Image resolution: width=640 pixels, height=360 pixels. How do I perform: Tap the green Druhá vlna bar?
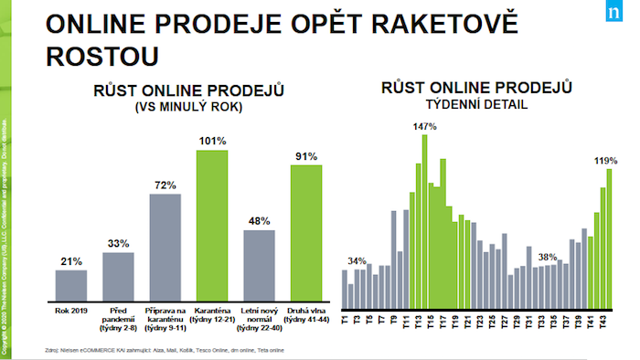pyautogui.click(x=306, y=235)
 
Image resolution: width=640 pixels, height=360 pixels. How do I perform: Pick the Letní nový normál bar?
pyautogui.click(x=259, y=267)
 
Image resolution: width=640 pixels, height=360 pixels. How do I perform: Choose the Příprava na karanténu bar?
pyautogui.click(x=165, y=249)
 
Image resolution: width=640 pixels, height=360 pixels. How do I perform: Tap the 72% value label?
pyautogui.click(x=165, y=185)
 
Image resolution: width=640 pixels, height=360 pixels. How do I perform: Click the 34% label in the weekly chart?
pyautogui.click(x=357, y=259)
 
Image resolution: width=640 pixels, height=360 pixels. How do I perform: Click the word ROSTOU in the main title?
pyautogui.click(x=102, y=55)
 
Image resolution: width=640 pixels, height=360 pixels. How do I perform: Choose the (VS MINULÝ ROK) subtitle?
pyautogui.click(x=187, y=108)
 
